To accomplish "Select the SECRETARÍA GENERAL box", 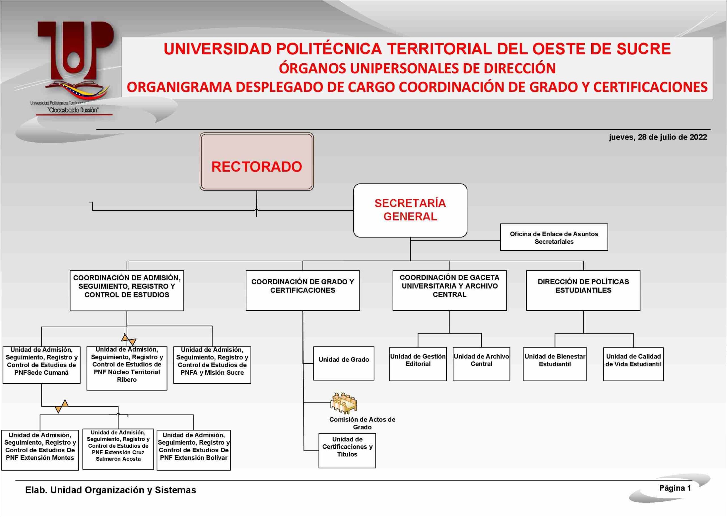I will tap(410, 210).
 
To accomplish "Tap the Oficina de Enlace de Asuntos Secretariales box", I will tap(554, 237).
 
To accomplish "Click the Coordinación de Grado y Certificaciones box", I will tap(302, 290).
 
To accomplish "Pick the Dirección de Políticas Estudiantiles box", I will tap(583, 290).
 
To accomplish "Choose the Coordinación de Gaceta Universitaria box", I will tap(450, 290).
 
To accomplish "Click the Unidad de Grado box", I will tap(344, 363).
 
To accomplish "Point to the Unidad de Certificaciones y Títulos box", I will tap(347, 451).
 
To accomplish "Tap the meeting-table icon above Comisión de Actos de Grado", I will tap(344, 403).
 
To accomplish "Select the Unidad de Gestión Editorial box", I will tap(418, 364).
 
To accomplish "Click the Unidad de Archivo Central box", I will tap(481, 364).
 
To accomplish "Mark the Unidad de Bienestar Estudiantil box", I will tap(555, 364).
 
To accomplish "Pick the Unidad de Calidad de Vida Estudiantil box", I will tap(633, 364).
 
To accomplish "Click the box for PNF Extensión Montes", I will tap(40, 450).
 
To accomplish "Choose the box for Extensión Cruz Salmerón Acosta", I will tap(118, 449).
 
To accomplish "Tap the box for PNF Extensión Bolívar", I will tap(193, 450).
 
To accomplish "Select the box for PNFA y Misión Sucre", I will tap(212, 365).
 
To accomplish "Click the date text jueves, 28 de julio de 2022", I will tap(658, 137).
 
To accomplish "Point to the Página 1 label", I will tap(675, 488).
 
